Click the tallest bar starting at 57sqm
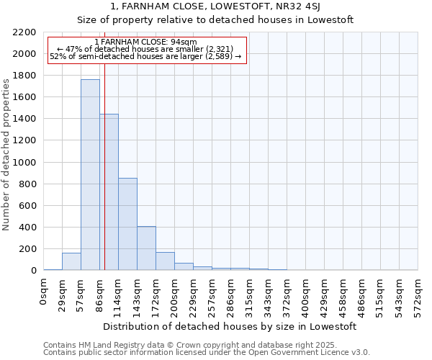pyautogui.click(x=90, y=175)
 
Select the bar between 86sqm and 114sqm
pyautogui.click(x=109, y=192)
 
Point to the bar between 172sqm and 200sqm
pyautogui.click(x=166, y=261)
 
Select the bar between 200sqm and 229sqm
pyautogui.click(x=184, y=266)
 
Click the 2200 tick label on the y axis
pyautogui.click(x=24, y=32)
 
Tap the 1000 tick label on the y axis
pyautogui.click(x=24, y=163)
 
